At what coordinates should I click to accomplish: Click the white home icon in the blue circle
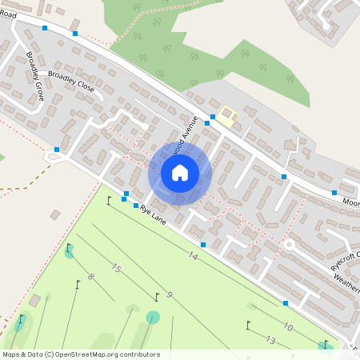(x=180, y=172)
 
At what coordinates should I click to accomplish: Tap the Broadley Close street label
(x=71, y=82)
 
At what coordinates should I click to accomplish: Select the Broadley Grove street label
(x=35, y=78)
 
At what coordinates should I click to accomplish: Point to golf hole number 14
(x=193, y=256)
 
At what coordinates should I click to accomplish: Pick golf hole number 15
(x=116, y=269)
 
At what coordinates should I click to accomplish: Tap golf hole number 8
(x=90, y=277)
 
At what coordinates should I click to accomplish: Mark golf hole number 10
(x=288, y=328)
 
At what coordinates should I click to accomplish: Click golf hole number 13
(x=270, y=341)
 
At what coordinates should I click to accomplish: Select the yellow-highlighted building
(x=229, y=116)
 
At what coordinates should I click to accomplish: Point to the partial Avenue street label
(x=182, y=146)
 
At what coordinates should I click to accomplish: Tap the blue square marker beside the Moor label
(x=334, y=193)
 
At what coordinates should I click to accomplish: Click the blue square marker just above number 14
(x=203, y=244)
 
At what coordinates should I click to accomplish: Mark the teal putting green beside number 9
(x=152, y=317)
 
